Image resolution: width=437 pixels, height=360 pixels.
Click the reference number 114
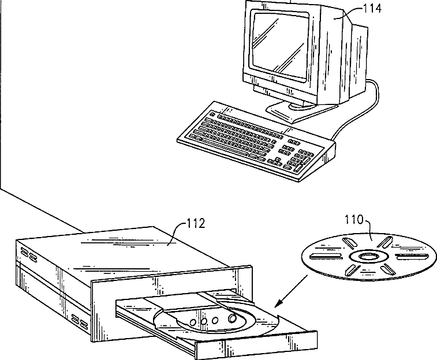point(372,8)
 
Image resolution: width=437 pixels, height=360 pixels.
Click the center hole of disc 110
point(367,255)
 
